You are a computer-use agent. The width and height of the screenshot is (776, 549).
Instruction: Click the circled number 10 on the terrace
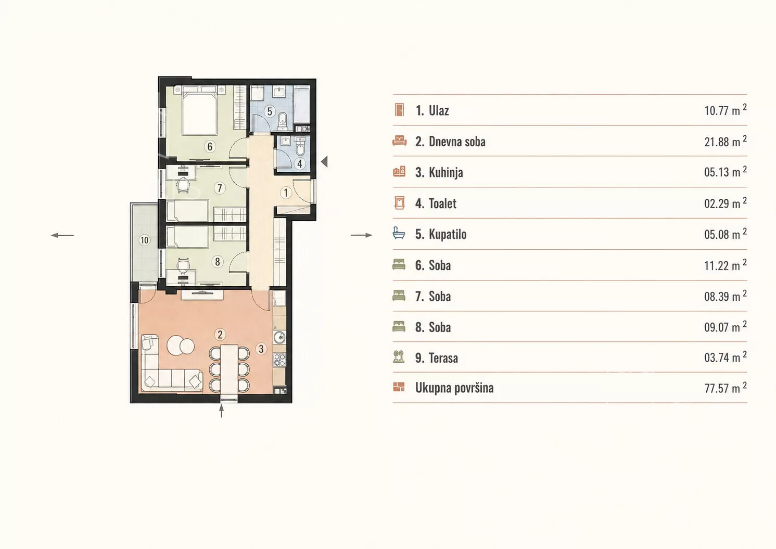[145, 240]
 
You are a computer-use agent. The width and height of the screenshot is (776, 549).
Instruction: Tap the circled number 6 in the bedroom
[210, 147]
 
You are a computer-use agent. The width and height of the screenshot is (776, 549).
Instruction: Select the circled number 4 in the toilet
[300, 163]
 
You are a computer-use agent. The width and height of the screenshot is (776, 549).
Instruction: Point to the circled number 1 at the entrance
[286, 193]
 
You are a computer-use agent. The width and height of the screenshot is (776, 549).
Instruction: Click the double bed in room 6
[199, 110]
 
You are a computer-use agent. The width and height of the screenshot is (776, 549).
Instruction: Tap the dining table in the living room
[229, 368]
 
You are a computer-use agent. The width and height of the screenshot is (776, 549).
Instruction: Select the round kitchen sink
[279, 337]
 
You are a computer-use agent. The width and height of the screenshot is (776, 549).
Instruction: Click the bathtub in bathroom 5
[302, 105]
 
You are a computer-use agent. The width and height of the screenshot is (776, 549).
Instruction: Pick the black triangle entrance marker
[324, 161]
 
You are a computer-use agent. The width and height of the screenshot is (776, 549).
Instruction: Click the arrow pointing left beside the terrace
[62, 236]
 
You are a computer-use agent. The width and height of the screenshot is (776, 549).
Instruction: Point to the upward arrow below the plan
[221, 411]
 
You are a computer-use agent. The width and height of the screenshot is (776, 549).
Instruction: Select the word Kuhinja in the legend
[446, 172]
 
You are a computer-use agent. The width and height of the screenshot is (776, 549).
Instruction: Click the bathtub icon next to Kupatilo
[399, 234]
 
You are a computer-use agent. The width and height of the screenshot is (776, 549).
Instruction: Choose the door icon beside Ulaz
[399, 110]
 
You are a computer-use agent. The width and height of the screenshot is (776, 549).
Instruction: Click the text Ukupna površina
[454, 388]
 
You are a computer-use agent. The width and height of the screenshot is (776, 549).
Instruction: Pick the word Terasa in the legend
[443, 358]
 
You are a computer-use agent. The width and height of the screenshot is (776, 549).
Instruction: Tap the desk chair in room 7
[183, 185]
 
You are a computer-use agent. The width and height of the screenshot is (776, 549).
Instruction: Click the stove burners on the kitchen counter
[279, 360]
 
